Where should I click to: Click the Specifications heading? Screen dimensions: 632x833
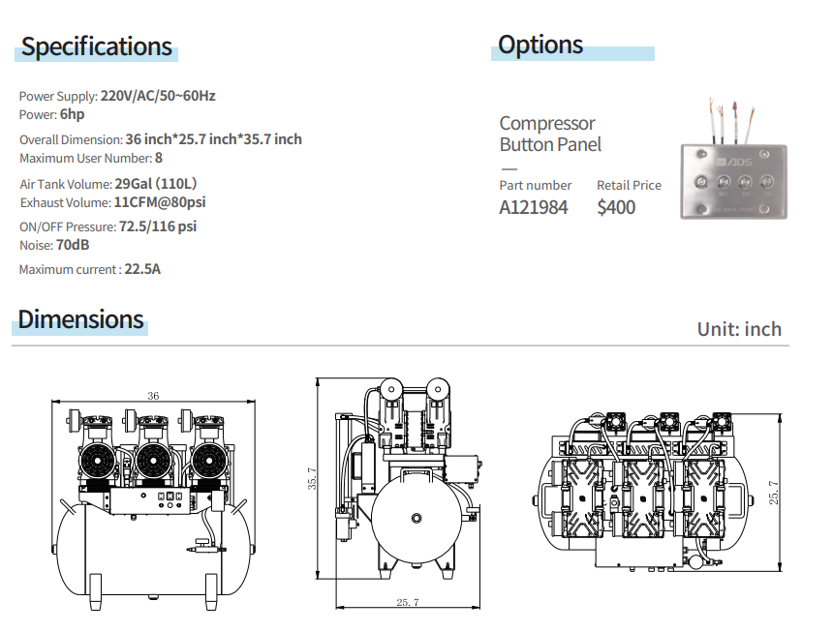tap(97, 46)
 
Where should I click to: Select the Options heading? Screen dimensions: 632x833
tap(540, 45)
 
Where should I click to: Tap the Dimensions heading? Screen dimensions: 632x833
tap(81, 319)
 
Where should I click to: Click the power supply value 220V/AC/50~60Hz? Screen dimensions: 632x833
tap(158, 96)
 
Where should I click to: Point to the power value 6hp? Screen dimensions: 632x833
tap(73, 114)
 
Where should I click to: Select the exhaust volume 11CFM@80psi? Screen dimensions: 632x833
tap(160, 202)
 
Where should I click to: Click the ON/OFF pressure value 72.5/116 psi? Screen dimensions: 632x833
tap(158, 226)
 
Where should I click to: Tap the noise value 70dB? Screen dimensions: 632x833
tap(86, 245)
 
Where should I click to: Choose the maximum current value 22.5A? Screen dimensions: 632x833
tap(142, 269)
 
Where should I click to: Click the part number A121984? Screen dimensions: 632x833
tap(534, 207)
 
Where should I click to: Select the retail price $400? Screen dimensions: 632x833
tap(616, 207)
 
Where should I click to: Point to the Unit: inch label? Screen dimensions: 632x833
tap(739, 329)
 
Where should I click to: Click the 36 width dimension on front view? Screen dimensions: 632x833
tap(153, 395)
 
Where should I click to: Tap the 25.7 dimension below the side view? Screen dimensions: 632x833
tap(407, 603)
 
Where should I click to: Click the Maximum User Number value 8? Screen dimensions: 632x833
tap(159, 158)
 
